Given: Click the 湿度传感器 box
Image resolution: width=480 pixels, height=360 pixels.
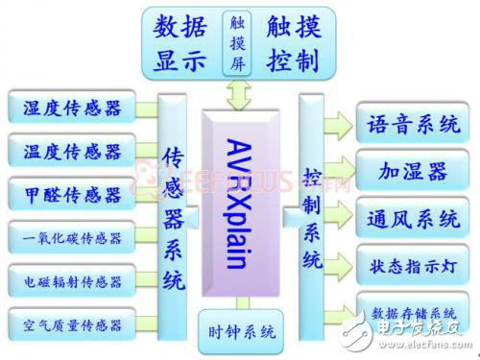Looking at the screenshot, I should pyautogui.click(x=73, y=108).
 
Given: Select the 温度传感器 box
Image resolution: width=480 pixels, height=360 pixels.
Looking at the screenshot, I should pyautogui.click(x=73, y=151).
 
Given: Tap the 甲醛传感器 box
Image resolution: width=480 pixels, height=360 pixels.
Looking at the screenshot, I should pyautogui.click(x=73, y=195).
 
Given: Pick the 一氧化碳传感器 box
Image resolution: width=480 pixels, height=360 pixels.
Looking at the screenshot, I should pyautogui.click(x=73, y=238).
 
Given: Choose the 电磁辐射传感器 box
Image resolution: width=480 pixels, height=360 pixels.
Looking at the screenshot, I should pyautogui.click(x=73, y=281).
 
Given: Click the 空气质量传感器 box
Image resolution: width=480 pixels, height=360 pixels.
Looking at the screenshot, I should pyautogui.click(x=73, y=324).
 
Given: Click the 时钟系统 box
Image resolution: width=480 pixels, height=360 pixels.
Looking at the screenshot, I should pyautogui.click(x=241, y=332).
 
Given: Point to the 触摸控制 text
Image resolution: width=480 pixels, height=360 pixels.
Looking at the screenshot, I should pyautogui.click(x=293, y=43).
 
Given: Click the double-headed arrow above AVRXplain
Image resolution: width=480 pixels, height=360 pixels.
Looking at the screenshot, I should pyautogui.click(x=237, y=94).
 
